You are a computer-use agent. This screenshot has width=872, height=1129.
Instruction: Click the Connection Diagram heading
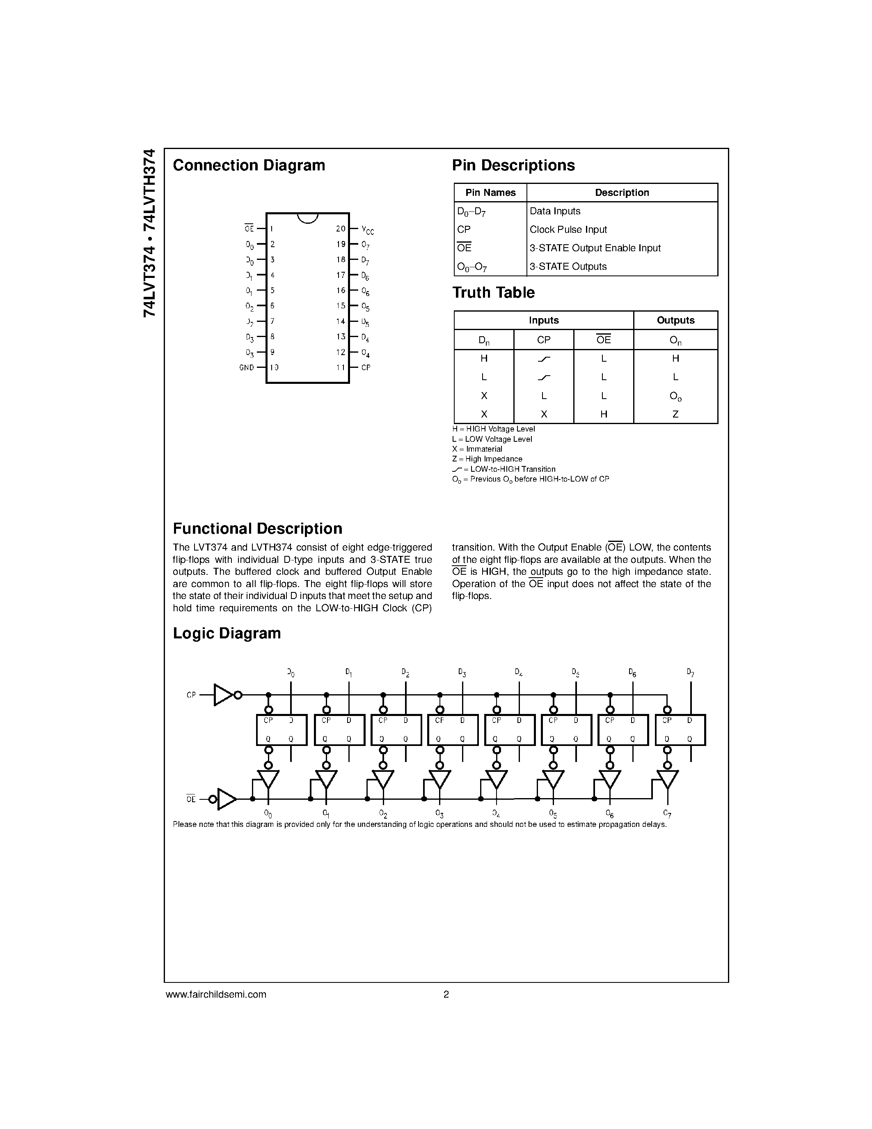click(249, 165)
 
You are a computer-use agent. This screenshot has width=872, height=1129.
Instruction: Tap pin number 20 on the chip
click(341, 229)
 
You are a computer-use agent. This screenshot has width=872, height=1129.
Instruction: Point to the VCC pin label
click(367, 229)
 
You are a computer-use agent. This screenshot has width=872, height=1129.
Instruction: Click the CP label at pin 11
click(366, 367)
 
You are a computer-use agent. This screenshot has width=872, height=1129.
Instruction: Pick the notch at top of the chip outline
click(308, 218)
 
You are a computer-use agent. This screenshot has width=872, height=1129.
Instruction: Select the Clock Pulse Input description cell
click(568, 229)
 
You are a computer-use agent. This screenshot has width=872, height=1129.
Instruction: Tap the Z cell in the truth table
click(675, 414)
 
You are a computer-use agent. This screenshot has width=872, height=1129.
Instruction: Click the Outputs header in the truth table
click(675, 320)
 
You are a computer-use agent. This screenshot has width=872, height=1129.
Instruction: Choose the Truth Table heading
click(493, 293)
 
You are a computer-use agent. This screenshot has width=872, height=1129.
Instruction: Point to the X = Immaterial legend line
click(477, 449)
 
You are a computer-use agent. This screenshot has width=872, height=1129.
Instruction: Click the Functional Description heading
click(257, 528)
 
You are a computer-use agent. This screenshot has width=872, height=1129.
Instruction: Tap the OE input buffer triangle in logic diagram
click(226, 799)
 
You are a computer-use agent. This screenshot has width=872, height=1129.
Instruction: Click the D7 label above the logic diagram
click(690, 673)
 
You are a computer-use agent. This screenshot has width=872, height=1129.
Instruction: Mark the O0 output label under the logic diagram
click(268, 814)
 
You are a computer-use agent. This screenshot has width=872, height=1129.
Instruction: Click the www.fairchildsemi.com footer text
click(216, 994)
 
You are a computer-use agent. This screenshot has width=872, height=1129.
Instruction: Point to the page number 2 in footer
click(446, 994)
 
